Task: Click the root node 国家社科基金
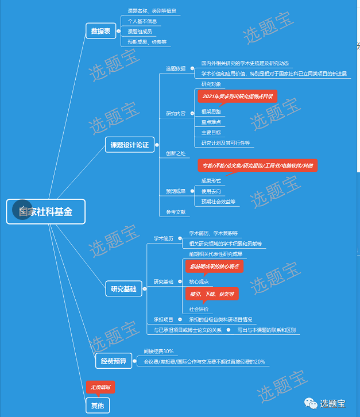[x=46, y=211]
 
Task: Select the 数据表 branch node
[x=100, y=31]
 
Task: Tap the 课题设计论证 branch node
[x=129, y=145]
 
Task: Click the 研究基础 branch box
[x=123, y=289]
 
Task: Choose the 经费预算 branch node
[x=113, y=361]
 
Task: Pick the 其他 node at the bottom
[x=97, y=406]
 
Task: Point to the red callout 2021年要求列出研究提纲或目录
[x=238, y=96]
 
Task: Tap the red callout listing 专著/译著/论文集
[x=257, y=165]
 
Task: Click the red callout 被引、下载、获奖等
[x=212, y=294]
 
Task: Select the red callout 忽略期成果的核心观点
[x=215, y=267]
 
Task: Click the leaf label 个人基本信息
[x=142, y=21]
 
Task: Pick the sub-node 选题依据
[x=175, y=68]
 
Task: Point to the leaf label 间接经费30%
[x=158, y=351]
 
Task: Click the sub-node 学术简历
[x=163, y=238]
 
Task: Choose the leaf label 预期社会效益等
[x=218, y=202]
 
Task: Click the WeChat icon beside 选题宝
[x=310, y=403]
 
